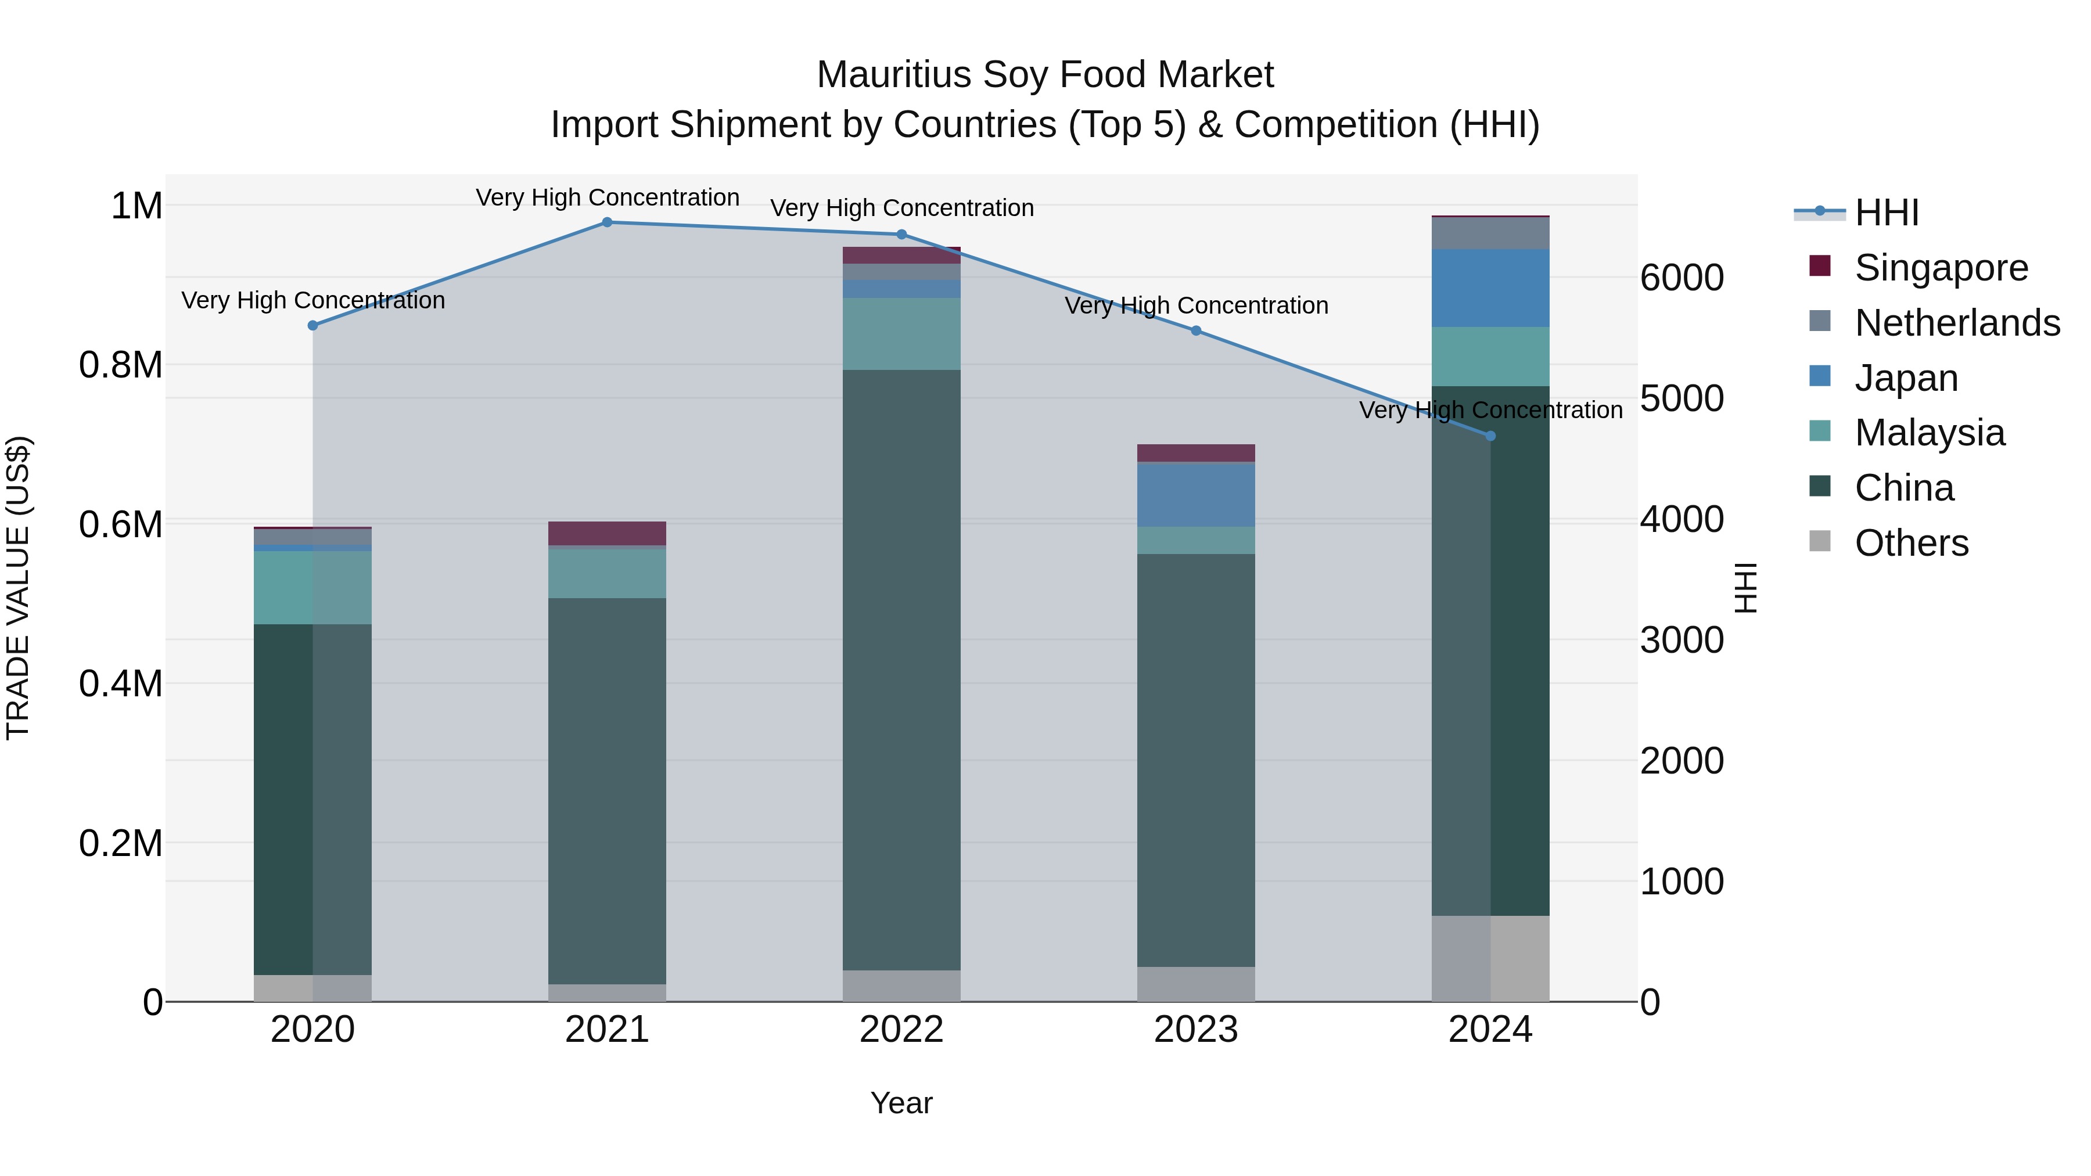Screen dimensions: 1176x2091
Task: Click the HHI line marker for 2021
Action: [x=606, y=222]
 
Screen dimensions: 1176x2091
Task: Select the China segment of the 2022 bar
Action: [x=901, y=670]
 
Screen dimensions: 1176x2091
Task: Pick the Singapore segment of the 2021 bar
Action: [x=606, y=533]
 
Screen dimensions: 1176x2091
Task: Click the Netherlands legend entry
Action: [x=1956, y=323]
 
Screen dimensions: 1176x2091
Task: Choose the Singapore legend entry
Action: [x=1940, y=268]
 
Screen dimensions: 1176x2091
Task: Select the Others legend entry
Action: [x=1911, y=543]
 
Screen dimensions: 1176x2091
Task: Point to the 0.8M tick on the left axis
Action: [x=121, y=365]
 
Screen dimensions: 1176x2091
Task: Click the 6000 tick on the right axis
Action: [x=1681, y=278]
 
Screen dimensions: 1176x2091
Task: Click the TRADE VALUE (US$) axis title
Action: [x=18, y=588]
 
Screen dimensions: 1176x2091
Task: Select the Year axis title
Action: [x=901, y=1103]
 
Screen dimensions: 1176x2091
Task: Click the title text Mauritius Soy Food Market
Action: [x=1045, y=75]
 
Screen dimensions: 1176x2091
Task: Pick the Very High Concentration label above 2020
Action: [x=312, y=300]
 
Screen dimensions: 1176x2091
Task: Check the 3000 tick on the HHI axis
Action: [x=1681, y=641]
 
